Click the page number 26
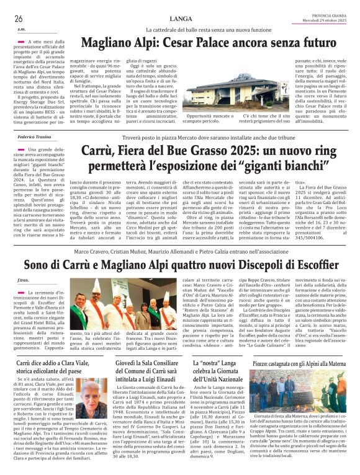[19, 19]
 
